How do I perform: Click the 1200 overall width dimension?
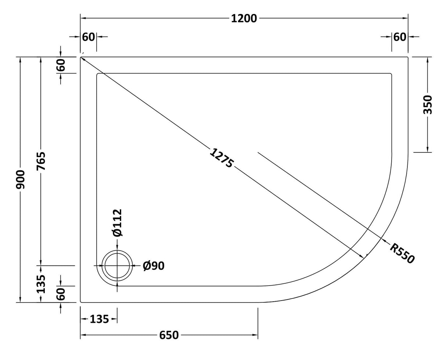[x=244, y=18]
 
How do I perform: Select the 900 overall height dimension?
[x=21, y=179]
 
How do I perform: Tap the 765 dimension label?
[x=41, y=161]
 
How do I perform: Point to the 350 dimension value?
[x=428, y=104]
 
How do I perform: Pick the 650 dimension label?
[x=169, y=335]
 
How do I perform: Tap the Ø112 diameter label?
[x=117, y=222]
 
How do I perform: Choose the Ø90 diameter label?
[x=154, y=266]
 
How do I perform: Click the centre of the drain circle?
[x=117, y=265]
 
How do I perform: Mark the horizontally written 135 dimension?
[x=99, y=319]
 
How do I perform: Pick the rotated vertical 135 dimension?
[x=41, y=284]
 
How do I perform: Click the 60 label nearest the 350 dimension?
[x=400, y=37]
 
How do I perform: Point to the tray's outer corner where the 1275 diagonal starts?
[x=81, y=57]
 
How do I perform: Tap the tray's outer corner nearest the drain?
[x=81, y=302]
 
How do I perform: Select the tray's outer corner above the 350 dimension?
[x=407, y=57]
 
